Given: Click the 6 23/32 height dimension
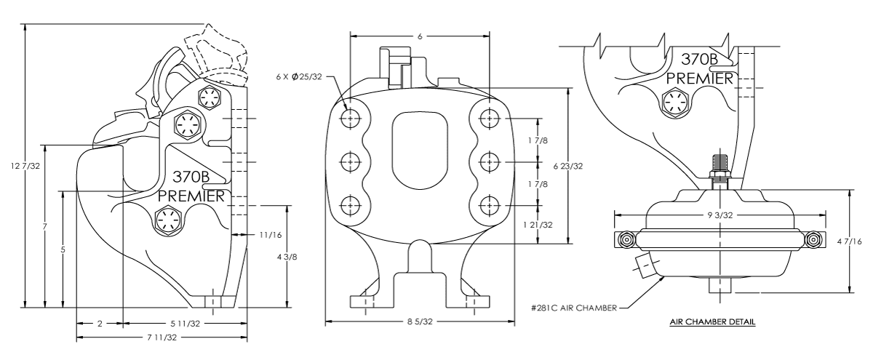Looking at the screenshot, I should [578, 166].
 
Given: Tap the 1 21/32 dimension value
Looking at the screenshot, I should [539, 224].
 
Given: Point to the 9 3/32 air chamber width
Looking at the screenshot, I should [720, 215].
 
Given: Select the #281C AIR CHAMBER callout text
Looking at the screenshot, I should [573, 308].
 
